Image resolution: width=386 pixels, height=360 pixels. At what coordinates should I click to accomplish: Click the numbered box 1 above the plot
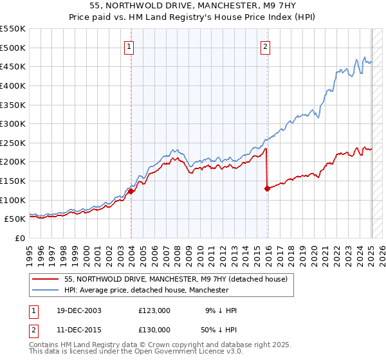129,46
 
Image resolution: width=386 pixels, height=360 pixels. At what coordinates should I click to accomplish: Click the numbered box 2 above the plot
265,46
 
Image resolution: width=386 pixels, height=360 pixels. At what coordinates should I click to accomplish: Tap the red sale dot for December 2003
131,191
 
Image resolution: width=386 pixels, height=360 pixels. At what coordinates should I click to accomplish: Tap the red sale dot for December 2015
267,188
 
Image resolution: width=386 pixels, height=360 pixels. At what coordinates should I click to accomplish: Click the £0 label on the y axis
19,238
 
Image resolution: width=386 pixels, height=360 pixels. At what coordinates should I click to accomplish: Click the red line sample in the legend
46,279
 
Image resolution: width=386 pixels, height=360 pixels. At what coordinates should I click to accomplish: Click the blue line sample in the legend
46,291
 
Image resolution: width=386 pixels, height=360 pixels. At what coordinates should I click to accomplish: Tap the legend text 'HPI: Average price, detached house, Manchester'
147,291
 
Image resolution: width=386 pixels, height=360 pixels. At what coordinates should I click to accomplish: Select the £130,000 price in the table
154,330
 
